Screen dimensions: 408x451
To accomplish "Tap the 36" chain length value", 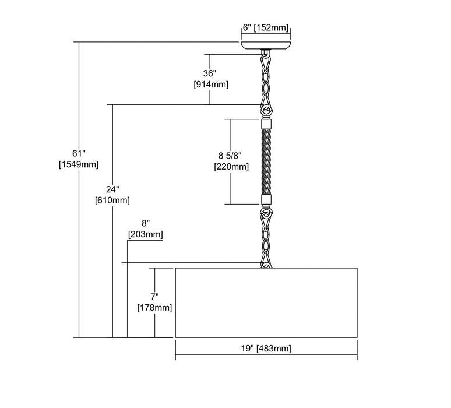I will coord(210,73).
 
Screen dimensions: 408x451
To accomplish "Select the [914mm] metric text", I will coord(210,85).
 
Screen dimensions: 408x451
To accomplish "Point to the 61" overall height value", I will coord(78,153).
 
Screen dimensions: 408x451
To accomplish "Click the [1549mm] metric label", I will coord(78,164).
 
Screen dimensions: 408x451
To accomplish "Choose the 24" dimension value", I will coord(112,189).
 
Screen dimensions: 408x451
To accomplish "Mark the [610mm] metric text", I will coord(112,201).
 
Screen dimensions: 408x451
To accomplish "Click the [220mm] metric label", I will coord(231,167).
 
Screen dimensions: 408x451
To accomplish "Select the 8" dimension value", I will coord(145,223).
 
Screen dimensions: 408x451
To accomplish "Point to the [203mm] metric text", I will coord(145,234).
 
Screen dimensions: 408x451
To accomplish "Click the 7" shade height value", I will coord(154,295).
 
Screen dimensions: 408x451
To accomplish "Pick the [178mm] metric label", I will coord(154,307).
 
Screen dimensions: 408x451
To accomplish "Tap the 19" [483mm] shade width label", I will coord(266,349).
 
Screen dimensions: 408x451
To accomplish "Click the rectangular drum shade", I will coord(266,303).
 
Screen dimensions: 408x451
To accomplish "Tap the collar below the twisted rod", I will coord(266,200).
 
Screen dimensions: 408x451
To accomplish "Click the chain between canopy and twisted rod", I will coord(266,79).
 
